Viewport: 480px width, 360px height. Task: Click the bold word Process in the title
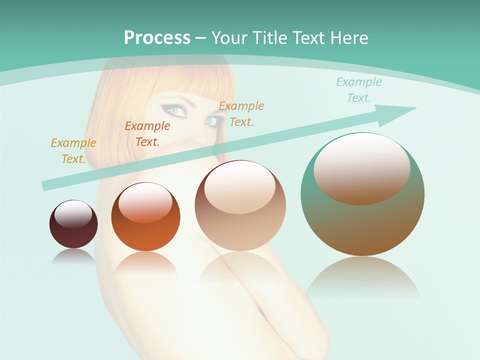[x=157, y=37]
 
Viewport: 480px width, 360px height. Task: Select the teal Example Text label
[x=358, y=89]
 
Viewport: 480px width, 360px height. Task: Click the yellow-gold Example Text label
[x=73, y=150]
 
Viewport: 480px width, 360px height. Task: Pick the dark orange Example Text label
[x=147, y=133]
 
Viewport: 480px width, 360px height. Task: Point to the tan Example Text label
[x=241, y=113]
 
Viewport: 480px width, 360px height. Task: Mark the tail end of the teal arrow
[x=46, y=185]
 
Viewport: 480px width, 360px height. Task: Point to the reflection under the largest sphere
[x=363, y=277]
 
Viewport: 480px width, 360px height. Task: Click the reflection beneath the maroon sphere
[x=73, y=255]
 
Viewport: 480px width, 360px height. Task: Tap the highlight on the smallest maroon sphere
[x=73, y=213]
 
